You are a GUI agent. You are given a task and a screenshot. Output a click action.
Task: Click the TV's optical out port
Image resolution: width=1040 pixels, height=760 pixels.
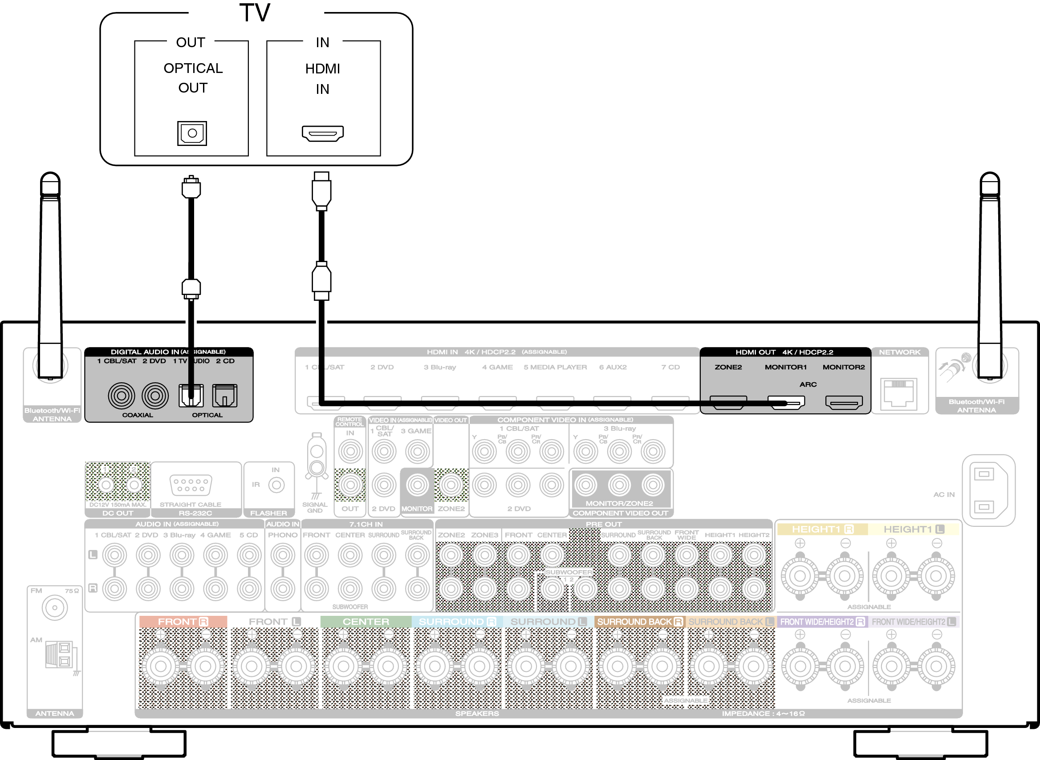click(192, 133)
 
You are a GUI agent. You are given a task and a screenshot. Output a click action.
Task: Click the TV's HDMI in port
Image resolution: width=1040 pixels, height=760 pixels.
click(323, 133)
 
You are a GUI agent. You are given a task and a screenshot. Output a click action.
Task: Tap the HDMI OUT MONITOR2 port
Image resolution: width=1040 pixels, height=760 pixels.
click(844, 403)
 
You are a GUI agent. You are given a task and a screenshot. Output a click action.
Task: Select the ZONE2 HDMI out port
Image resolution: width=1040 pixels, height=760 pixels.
click(728, 403)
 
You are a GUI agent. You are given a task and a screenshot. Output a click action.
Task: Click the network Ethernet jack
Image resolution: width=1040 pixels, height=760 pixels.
click(898, 393)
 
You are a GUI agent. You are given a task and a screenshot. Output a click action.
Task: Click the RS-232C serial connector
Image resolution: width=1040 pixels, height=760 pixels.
click(191, 485)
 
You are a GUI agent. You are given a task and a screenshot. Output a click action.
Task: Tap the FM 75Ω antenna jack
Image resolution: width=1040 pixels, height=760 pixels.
click(55, 608)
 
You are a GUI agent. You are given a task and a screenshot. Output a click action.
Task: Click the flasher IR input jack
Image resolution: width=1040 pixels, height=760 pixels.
click(276, 485)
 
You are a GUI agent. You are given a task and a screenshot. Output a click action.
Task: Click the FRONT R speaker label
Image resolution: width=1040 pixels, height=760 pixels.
click(183, 622)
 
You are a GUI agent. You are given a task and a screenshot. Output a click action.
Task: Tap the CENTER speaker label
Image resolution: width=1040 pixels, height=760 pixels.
click(366, 622)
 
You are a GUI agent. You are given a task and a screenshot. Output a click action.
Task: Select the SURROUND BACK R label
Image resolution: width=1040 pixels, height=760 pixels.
click(639, 622)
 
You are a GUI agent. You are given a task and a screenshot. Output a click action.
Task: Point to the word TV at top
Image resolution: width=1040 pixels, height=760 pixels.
click(255, 13)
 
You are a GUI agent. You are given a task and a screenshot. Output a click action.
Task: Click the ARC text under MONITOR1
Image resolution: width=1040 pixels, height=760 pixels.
click(808, 384)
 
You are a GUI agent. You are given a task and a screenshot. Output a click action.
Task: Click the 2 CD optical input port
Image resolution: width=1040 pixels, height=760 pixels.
click(224, 396)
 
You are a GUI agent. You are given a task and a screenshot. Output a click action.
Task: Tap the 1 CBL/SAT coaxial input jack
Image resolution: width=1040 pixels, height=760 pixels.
click(122, 396)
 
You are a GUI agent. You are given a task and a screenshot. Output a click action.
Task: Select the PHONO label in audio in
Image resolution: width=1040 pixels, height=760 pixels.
click(283, 535)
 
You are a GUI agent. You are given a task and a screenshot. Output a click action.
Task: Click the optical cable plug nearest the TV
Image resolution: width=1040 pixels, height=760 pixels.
click(191, 187)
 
